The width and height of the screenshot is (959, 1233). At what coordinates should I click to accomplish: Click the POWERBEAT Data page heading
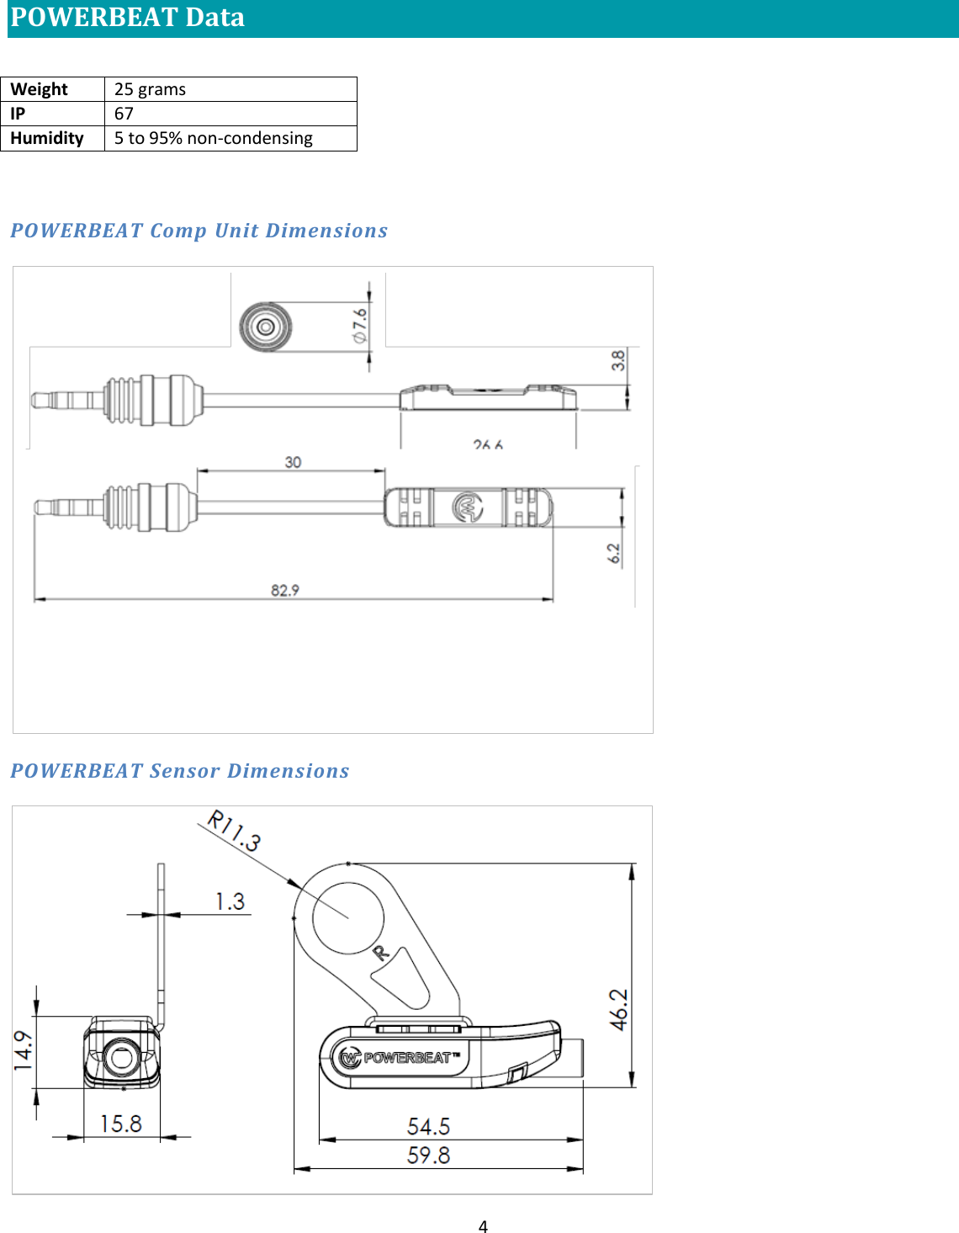[x=128, y=18]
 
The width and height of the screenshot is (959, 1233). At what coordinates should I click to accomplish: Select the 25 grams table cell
[x=150, y=89]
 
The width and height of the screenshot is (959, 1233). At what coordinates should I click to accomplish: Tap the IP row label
[x=18, y=114]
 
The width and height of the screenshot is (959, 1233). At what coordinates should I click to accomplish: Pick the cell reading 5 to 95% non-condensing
[x=214, y=138]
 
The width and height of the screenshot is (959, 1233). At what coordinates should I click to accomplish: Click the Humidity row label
[x=47, y=138]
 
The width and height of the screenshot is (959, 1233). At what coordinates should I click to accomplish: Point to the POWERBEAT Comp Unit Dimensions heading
[x=199, y=231]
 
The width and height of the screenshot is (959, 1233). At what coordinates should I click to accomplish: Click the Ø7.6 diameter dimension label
[x=360, y=325]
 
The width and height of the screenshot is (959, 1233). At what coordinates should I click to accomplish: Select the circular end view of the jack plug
[x=266, y=327]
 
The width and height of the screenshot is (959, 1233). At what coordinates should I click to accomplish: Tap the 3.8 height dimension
[x=618, y=360]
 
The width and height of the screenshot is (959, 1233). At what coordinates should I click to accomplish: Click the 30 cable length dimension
[x=293, y=462]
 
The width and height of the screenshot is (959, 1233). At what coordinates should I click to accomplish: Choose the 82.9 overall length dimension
[x=285, y=590]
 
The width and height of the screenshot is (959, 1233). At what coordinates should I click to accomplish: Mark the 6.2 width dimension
[x=614, y=553]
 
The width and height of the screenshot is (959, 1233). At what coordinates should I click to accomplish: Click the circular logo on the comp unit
[x=469, y=508]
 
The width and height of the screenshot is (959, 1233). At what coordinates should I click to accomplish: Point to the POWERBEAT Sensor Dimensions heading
[x=180, y=771]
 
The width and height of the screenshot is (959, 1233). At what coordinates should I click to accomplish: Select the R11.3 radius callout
[x=235, y=830]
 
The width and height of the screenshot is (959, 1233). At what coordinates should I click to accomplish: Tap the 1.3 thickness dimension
[x=230, y=901]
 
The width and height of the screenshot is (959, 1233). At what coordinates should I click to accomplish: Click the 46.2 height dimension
[x=619, y=1009]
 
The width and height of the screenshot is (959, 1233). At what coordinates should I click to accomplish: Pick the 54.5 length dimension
[x=428, y=1126]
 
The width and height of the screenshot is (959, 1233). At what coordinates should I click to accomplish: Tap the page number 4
[x=483, y=1226]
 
